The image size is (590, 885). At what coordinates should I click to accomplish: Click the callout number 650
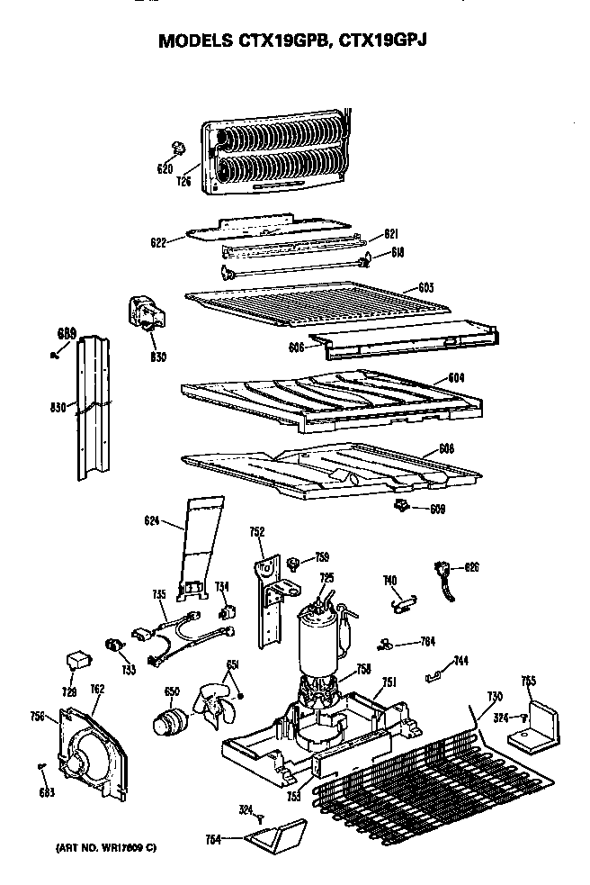171,691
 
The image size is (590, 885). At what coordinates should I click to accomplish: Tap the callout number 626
471,567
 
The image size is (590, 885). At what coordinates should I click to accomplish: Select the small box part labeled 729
77,661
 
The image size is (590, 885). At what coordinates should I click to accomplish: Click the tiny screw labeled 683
42,766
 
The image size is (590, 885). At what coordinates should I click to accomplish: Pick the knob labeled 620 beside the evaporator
177,147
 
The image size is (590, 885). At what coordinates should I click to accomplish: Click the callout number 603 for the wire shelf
426,287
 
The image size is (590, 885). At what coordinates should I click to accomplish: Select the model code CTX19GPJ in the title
380,41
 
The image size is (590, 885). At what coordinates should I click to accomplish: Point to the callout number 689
67,333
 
